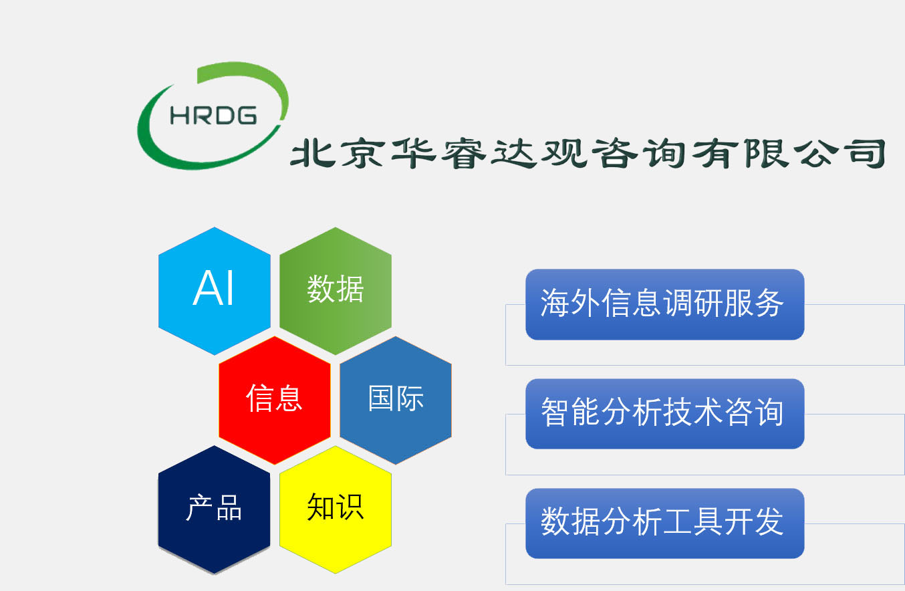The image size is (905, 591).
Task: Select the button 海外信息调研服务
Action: tap(664, 304)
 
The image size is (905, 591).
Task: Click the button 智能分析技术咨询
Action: tap(664, 413)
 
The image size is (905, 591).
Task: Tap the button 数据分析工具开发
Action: tap(664, 523)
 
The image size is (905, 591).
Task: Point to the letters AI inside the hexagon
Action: tap(214, 289)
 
